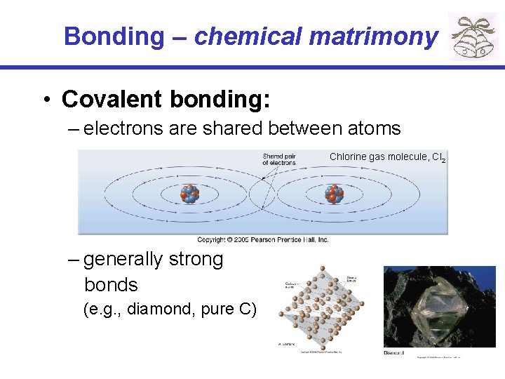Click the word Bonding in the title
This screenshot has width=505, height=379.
coord(113,36)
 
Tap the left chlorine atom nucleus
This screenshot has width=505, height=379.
coord(190,194)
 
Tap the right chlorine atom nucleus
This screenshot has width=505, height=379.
coord(335,194)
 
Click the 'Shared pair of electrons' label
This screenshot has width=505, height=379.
coord(278,159)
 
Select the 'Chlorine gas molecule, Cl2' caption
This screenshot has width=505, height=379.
coord(387,157)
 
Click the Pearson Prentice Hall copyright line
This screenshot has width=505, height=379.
coord(262,239)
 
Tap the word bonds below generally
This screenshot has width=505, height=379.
coord(111,285)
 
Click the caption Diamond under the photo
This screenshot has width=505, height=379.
coord(393,352)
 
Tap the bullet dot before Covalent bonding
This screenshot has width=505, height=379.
coord(45,100)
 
